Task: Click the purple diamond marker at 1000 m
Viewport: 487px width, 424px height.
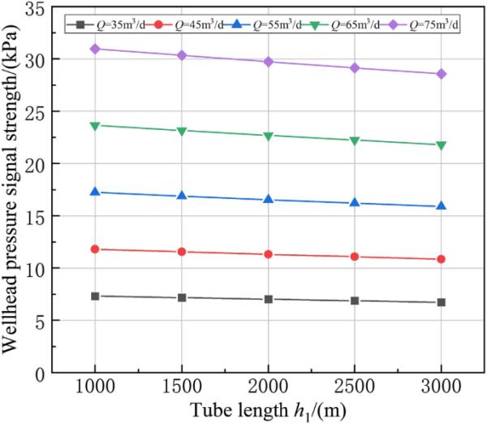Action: tap(95, 49)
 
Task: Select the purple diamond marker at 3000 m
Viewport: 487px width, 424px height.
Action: tap(441, 74)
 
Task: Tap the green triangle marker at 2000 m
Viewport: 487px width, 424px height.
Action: tap(268, 136)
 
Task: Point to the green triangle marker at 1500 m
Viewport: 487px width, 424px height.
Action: tap(182, 131)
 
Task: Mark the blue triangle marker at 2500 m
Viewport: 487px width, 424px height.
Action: tap(355, 202)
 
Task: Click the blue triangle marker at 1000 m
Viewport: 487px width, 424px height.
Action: tap(95, 192)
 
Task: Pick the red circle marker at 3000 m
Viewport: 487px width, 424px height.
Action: tap(441, 259)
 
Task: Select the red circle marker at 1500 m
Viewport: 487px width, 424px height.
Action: tap(182, 252)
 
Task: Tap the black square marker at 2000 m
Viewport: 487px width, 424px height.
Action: tap(268, 299)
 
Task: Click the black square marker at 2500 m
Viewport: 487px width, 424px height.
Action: tap(355, 301)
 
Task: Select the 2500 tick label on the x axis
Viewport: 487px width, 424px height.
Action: tap(355, 387)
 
